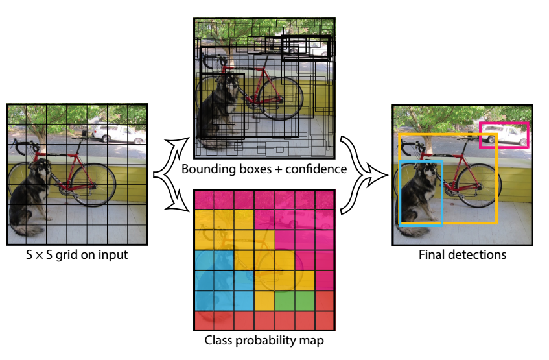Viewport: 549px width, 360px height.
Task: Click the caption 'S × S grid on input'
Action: click(77, 255)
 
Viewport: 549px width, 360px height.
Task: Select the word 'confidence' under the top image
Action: click(316, 169)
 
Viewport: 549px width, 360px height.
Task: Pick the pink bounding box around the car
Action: click(504, 123)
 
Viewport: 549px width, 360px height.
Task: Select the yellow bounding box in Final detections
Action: click(496, 182)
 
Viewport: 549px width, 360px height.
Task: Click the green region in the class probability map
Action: click(295, 300)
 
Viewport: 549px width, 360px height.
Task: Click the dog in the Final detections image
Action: click(419, 191)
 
